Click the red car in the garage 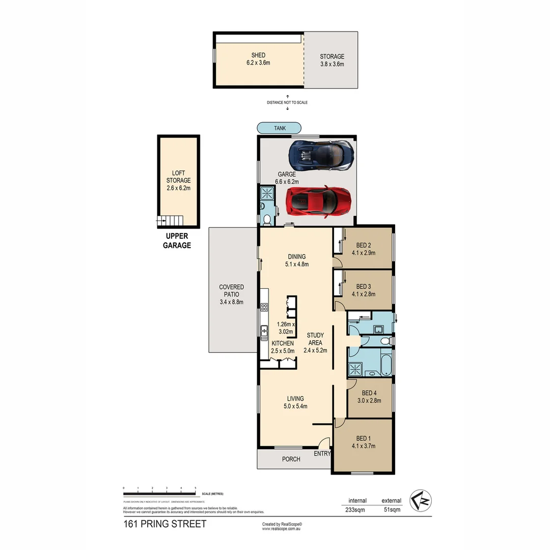319,201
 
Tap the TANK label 279,128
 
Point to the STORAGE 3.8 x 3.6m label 332,60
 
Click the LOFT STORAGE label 178,180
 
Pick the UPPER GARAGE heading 177,240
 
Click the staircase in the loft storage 170,221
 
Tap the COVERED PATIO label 231,294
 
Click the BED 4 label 369,396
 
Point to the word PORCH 291,459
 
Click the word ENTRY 322,453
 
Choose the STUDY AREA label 315,343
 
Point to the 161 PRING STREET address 164,524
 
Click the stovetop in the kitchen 264,307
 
